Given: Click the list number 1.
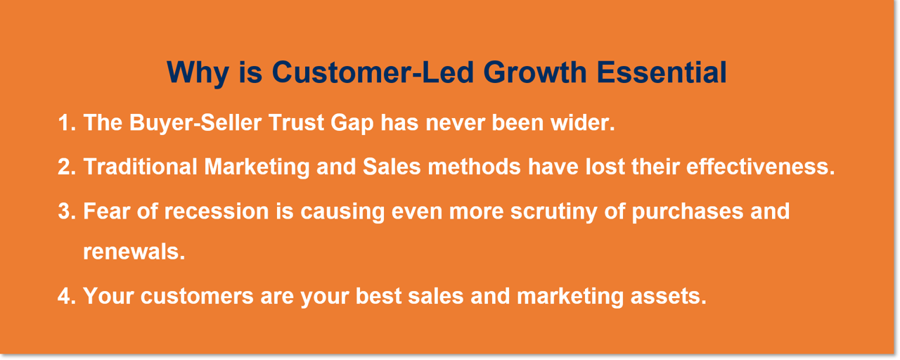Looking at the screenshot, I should pyautogui.click(x=65, y=123).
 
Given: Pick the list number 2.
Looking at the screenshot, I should pyautogui.click(x=65, y=167).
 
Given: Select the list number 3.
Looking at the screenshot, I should pyautogui.click(x=65, y=211).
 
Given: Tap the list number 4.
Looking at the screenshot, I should pyautogui.click(x=65, y=296).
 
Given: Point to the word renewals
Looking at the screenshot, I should pyautogui.click(x=134, y=252).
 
